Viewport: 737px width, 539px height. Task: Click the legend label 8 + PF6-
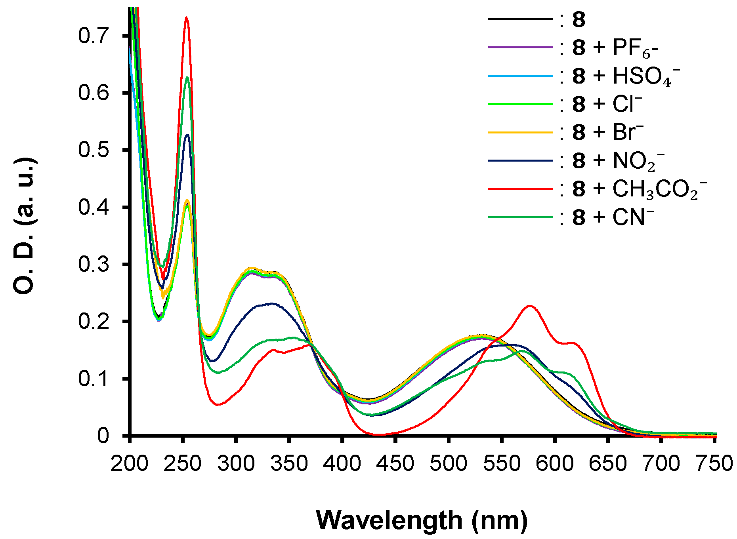[x=615, y=48]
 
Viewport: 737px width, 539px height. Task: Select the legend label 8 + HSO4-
[x=626, y=76]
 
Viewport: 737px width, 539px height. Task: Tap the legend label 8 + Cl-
[x=607, y=104]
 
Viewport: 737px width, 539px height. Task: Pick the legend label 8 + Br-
[x=608, y=132]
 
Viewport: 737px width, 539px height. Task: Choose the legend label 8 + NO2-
[x=618, y=161]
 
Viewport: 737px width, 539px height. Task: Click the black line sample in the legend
[x=520, y=19]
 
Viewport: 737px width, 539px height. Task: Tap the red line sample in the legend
[x=520, y=189]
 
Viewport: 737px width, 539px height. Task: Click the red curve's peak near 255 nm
[x=186, y=17]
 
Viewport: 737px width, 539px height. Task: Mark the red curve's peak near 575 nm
[x=530, y=306]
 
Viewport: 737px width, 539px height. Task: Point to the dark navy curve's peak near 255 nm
[x=187, y=135]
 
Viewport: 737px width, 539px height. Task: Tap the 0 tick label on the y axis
[x=103, y=436]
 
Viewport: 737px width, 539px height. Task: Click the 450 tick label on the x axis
[x=395, y=463]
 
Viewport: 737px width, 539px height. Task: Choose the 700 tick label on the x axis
[x=661, y=463]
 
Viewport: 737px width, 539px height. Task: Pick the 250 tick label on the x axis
[x=182, y=463]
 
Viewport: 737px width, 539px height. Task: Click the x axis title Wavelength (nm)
[x=422, y=520]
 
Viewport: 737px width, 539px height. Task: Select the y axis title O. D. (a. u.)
[x=25, y=226]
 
